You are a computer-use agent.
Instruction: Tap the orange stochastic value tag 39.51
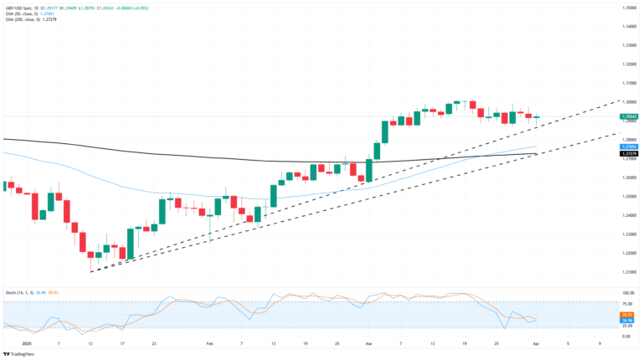(x=629, y=314)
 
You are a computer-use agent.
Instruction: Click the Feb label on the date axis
(x=210, y=343)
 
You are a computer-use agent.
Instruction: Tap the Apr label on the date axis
(x=537, y=343)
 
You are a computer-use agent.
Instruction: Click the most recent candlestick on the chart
(x=537, y=118)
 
